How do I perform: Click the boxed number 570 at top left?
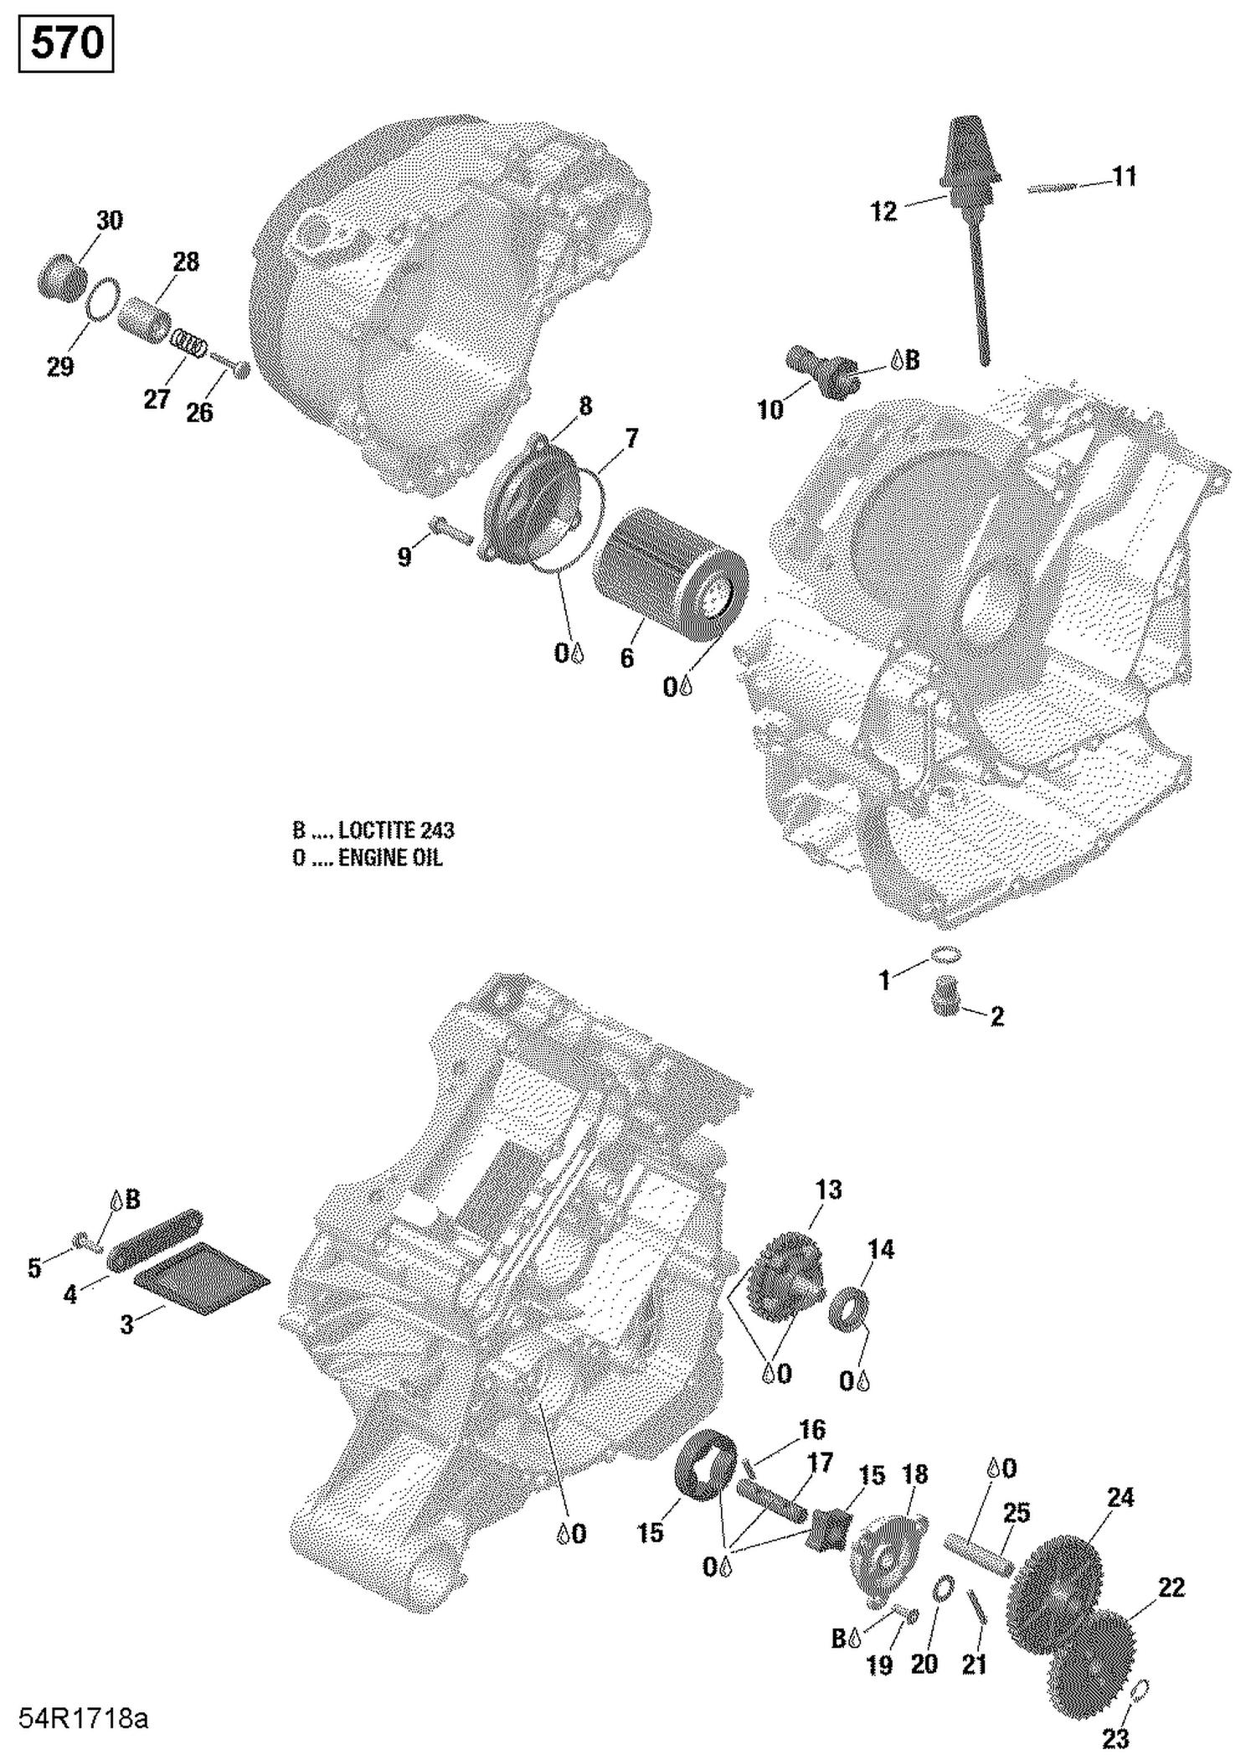click(66, 44)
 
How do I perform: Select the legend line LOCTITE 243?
click(373, 830)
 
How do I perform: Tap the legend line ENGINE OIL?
click(368, 858)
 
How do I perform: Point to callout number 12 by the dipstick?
click(883, 211)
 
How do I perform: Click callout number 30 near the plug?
click(110, 221)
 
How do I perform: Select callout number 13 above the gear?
click(828, 1190)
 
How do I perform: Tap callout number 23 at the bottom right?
click(1116, 1737)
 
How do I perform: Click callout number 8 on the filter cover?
click(585, 405)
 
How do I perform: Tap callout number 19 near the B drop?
click(879, 1665)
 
